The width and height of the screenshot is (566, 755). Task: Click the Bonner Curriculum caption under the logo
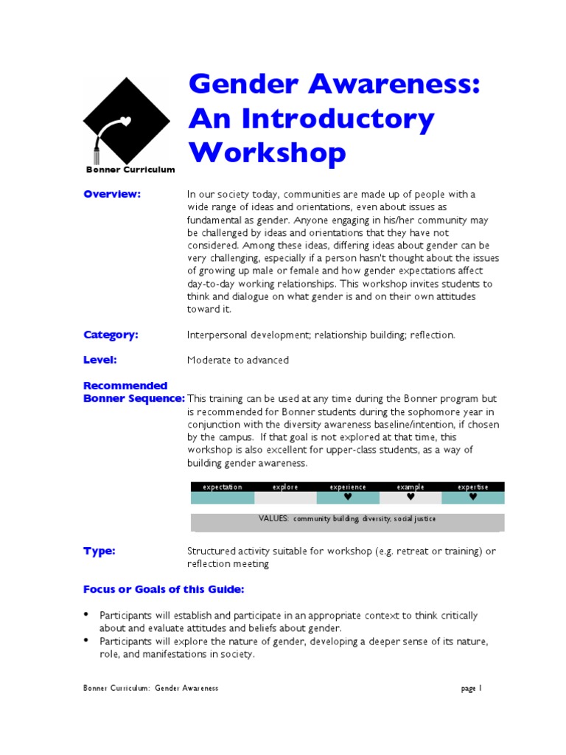click(129, 170)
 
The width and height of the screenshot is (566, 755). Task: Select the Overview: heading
click(111, 194)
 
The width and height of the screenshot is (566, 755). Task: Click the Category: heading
click(111, 335)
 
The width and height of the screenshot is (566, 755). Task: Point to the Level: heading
click(100, 360)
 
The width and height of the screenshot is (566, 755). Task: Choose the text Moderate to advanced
click(238, 361)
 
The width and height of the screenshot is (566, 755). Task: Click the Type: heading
click(99, 552)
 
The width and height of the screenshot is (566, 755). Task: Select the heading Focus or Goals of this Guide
click(163, 590)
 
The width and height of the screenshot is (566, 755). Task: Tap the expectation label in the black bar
click(222, 487)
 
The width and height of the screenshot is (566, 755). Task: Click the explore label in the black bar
click(285, 487)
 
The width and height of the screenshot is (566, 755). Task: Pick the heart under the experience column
click(348, 497)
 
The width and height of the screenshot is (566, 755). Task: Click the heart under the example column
click(410, 497)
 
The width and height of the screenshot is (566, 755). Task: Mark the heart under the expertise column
click(473, 497)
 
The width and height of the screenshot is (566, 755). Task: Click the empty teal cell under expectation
click(222, 498)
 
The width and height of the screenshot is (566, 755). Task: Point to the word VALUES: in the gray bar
click(274, 518)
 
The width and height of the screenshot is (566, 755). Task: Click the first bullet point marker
click(86, 614)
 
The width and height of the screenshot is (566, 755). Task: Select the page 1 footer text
click(471, 689)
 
